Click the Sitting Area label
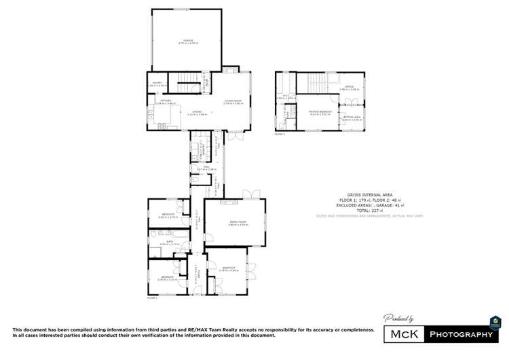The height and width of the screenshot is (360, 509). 352,118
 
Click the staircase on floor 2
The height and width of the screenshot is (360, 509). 316,84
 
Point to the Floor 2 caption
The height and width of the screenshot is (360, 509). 280,134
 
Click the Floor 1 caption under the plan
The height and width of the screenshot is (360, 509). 152,298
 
